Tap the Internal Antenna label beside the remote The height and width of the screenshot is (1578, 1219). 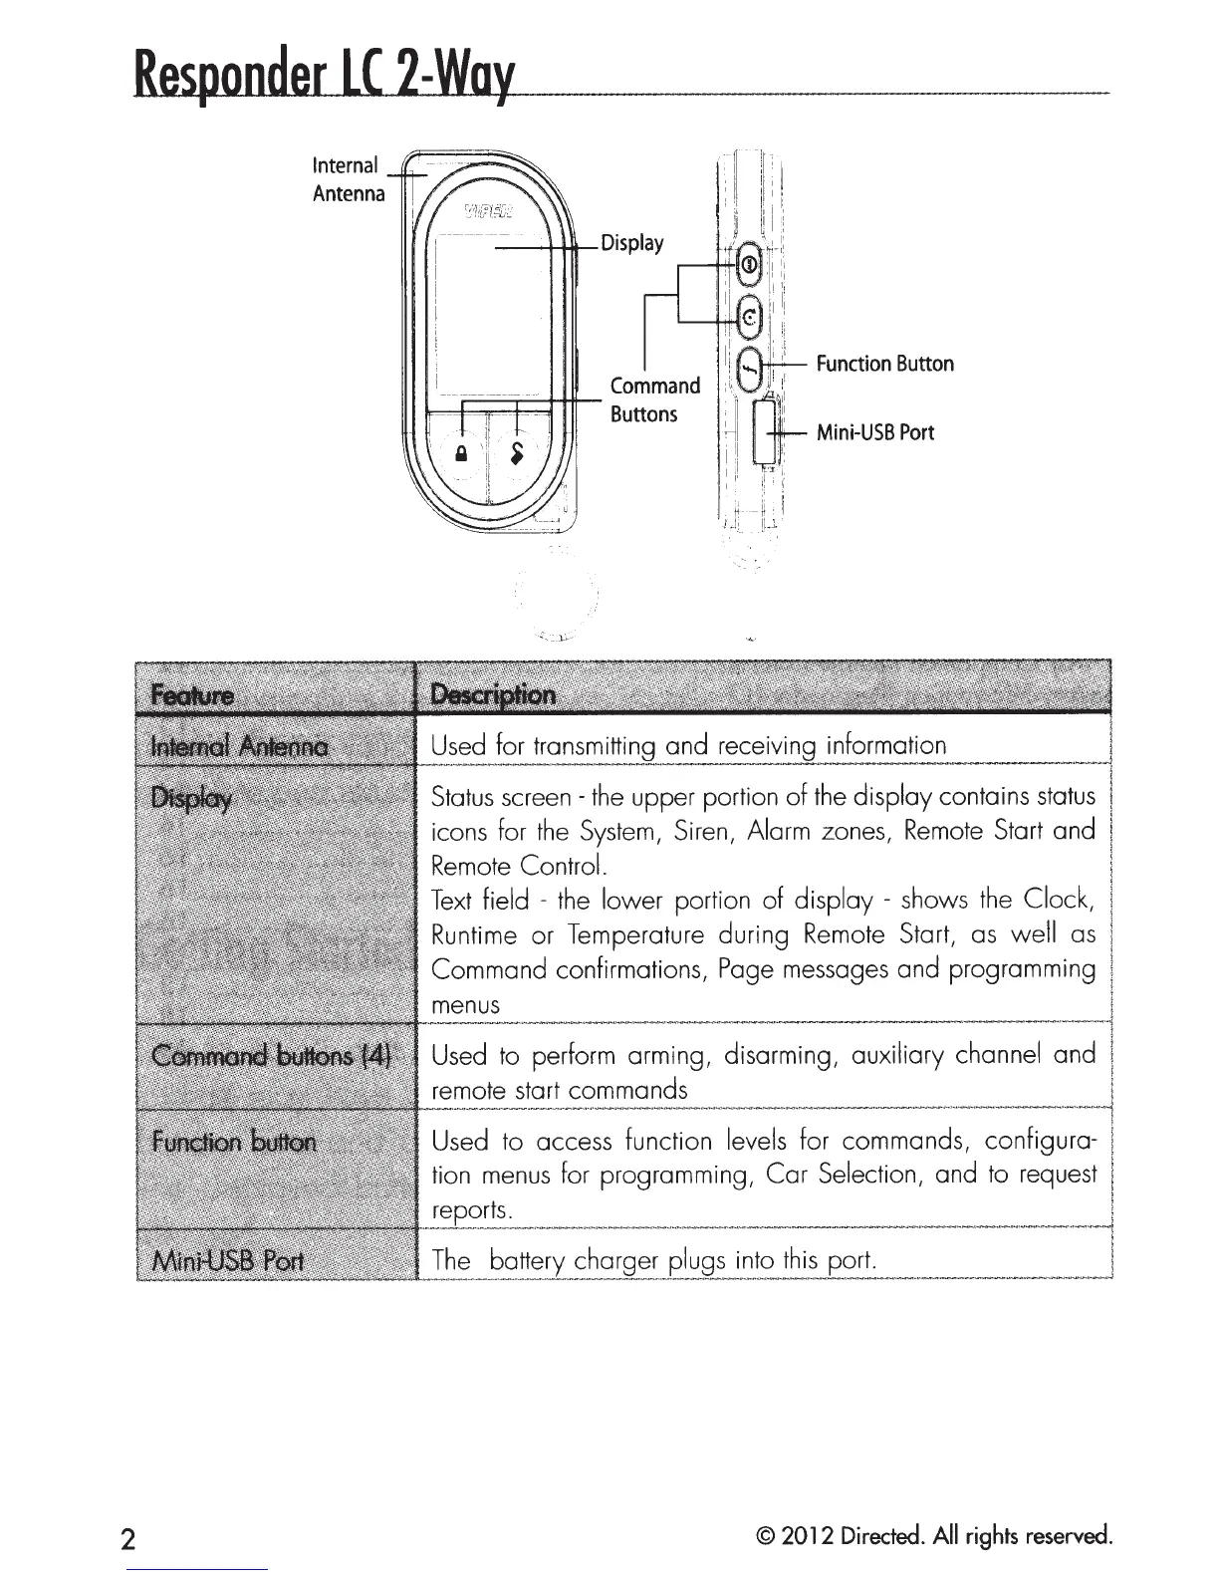click(x=348, y=178)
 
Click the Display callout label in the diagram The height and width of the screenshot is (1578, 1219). click(x=631, y=243)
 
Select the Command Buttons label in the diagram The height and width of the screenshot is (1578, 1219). click(x=654, y=399)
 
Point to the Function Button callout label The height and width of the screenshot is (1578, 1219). click(x=884, y=364)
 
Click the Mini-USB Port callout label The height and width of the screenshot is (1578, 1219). click(x=874, y=432)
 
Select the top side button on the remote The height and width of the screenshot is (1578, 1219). click(x=750, y=264)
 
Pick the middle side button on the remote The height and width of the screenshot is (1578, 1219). click(x=750, y=317)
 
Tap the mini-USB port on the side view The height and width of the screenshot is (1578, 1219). click(x=764, y=431)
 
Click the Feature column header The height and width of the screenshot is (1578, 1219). click(x=192, y=694)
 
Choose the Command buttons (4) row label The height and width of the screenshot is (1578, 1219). click(x=272, y=1055)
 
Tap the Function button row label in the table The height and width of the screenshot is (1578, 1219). click(x=234, y=1141)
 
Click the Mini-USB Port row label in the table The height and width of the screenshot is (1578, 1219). click(x=230, y=1260)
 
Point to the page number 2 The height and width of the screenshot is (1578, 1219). click(x=126, y=1538)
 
